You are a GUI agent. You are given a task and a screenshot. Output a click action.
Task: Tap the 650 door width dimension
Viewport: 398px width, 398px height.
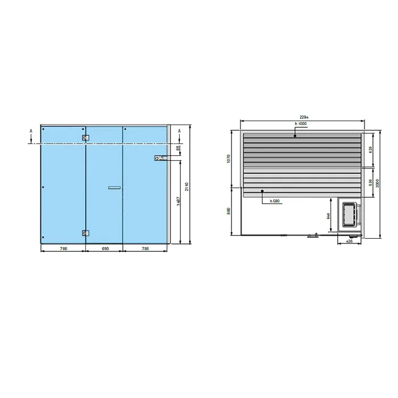click(104, 248)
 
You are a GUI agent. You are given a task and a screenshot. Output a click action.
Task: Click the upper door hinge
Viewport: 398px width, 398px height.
click(85, 138)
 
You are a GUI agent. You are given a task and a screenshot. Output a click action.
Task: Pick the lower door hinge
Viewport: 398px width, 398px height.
click(85, 233)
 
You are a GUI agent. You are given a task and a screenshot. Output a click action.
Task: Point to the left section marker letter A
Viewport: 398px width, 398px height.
click(31, 130)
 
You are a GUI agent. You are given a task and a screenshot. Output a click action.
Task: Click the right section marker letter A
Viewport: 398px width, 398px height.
click(180, 131)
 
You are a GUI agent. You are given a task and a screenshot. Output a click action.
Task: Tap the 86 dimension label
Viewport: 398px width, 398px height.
click(177, 148)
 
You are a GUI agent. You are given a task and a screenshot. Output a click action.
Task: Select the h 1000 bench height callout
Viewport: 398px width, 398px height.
click(301, 124)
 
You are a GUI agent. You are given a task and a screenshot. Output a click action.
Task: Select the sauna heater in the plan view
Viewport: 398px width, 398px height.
click(349, 215)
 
